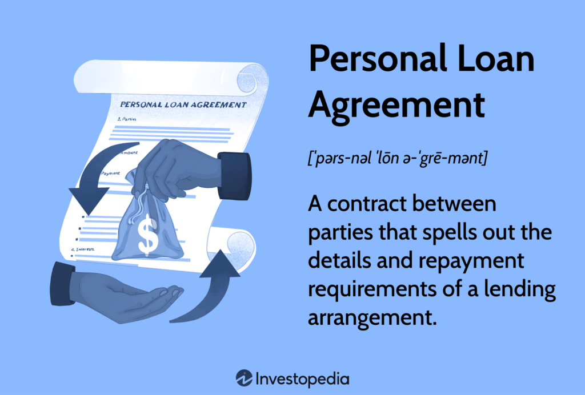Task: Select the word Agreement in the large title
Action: tap(396, 106)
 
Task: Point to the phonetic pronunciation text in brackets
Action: tap(398, 158)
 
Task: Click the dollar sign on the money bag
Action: tap(148, 235)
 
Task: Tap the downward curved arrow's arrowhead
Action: tap(89, 201)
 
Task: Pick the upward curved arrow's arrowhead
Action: tap(220, 264)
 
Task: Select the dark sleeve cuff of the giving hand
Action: tap(234, 176)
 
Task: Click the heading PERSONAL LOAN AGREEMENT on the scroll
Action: tap(183, 104)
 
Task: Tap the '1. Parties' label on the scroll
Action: tap(127, 119)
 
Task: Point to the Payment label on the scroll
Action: tap(110, 174)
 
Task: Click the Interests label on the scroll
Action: tap(83, 249)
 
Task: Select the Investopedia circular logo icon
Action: tap(244, 378)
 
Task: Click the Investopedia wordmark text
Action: tap(303, 379)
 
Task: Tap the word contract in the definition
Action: tap(367, 204)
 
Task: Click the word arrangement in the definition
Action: tap(372, 319)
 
